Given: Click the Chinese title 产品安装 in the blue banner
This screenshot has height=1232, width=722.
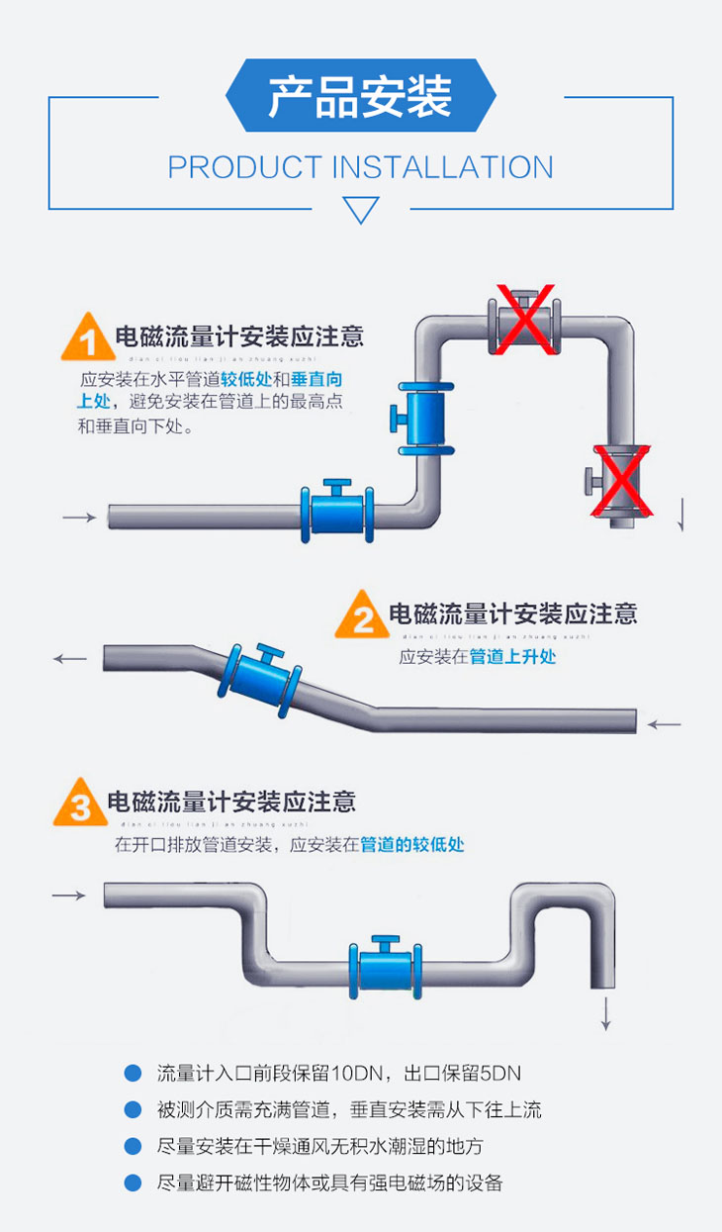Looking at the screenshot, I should pyautogui.click(x=360, y=97).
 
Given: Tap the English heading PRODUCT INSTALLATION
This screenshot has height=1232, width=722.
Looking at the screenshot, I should pyautogui.click(x=360, y=167).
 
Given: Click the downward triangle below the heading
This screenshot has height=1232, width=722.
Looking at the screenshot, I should pyautogui.click(x=360, y=210).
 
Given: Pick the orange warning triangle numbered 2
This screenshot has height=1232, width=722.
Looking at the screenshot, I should pyautogui.click(x=362, y=616).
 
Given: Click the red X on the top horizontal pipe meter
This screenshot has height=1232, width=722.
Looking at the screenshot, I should pyautogui.click(x=524, y=320).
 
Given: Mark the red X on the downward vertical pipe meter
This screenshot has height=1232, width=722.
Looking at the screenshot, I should pyautogui.click(x=622, y=481).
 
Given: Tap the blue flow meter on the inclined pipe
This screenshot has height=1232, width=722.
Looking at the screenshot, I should pyautogui.click(x=258, y=681).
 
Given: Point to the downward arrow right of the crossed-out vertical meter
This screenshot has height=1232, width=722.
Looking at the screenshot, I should pyautogui.click(x=681, y=515).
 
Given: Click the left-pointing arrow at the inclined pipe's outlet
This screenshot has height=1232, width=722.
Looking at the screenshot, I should pyautogui.click(x=70, y=658).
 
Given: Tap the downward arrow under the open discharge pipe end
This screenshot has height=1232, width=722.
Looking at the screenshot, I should pyautogui.click(x=606, y=1013).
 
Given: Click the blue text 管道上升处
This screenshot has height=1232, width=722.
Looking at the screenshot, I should pyautogui.click(x=512, y=657).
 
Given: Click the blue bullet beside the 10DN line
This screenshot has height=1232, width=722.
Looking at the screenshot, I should pyautogui.click(x=133, y=1074).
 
